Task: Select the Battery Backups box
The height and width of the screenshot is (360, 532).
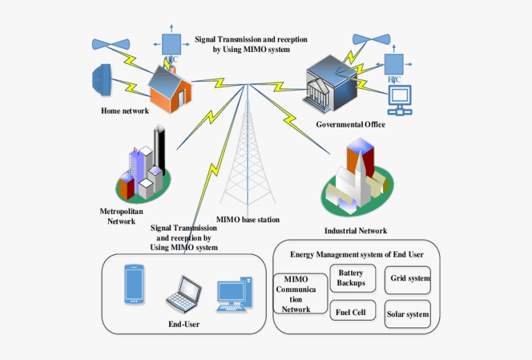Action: pos(352,278)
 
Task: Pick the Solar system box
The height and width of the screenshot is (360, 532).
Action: pos(407,314)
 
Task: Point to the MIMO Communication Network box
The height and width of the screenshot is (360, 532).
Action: pos(300,294)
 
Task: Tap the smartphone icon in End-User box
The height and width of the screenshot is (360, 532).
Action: pos(135,284)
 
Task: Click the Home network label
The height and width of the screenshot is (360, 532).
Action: pos(125,111)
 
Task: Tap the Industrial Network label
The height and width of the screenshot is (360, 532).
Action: pos(355,231)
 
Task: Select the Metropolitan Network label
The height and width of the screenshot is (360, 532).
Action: pos(121,216)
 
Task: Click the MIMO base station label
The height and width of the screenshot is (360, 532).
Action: pos(248,219)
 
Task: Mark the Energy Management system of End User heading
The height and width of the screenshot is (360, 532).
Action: pos(357,255)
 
